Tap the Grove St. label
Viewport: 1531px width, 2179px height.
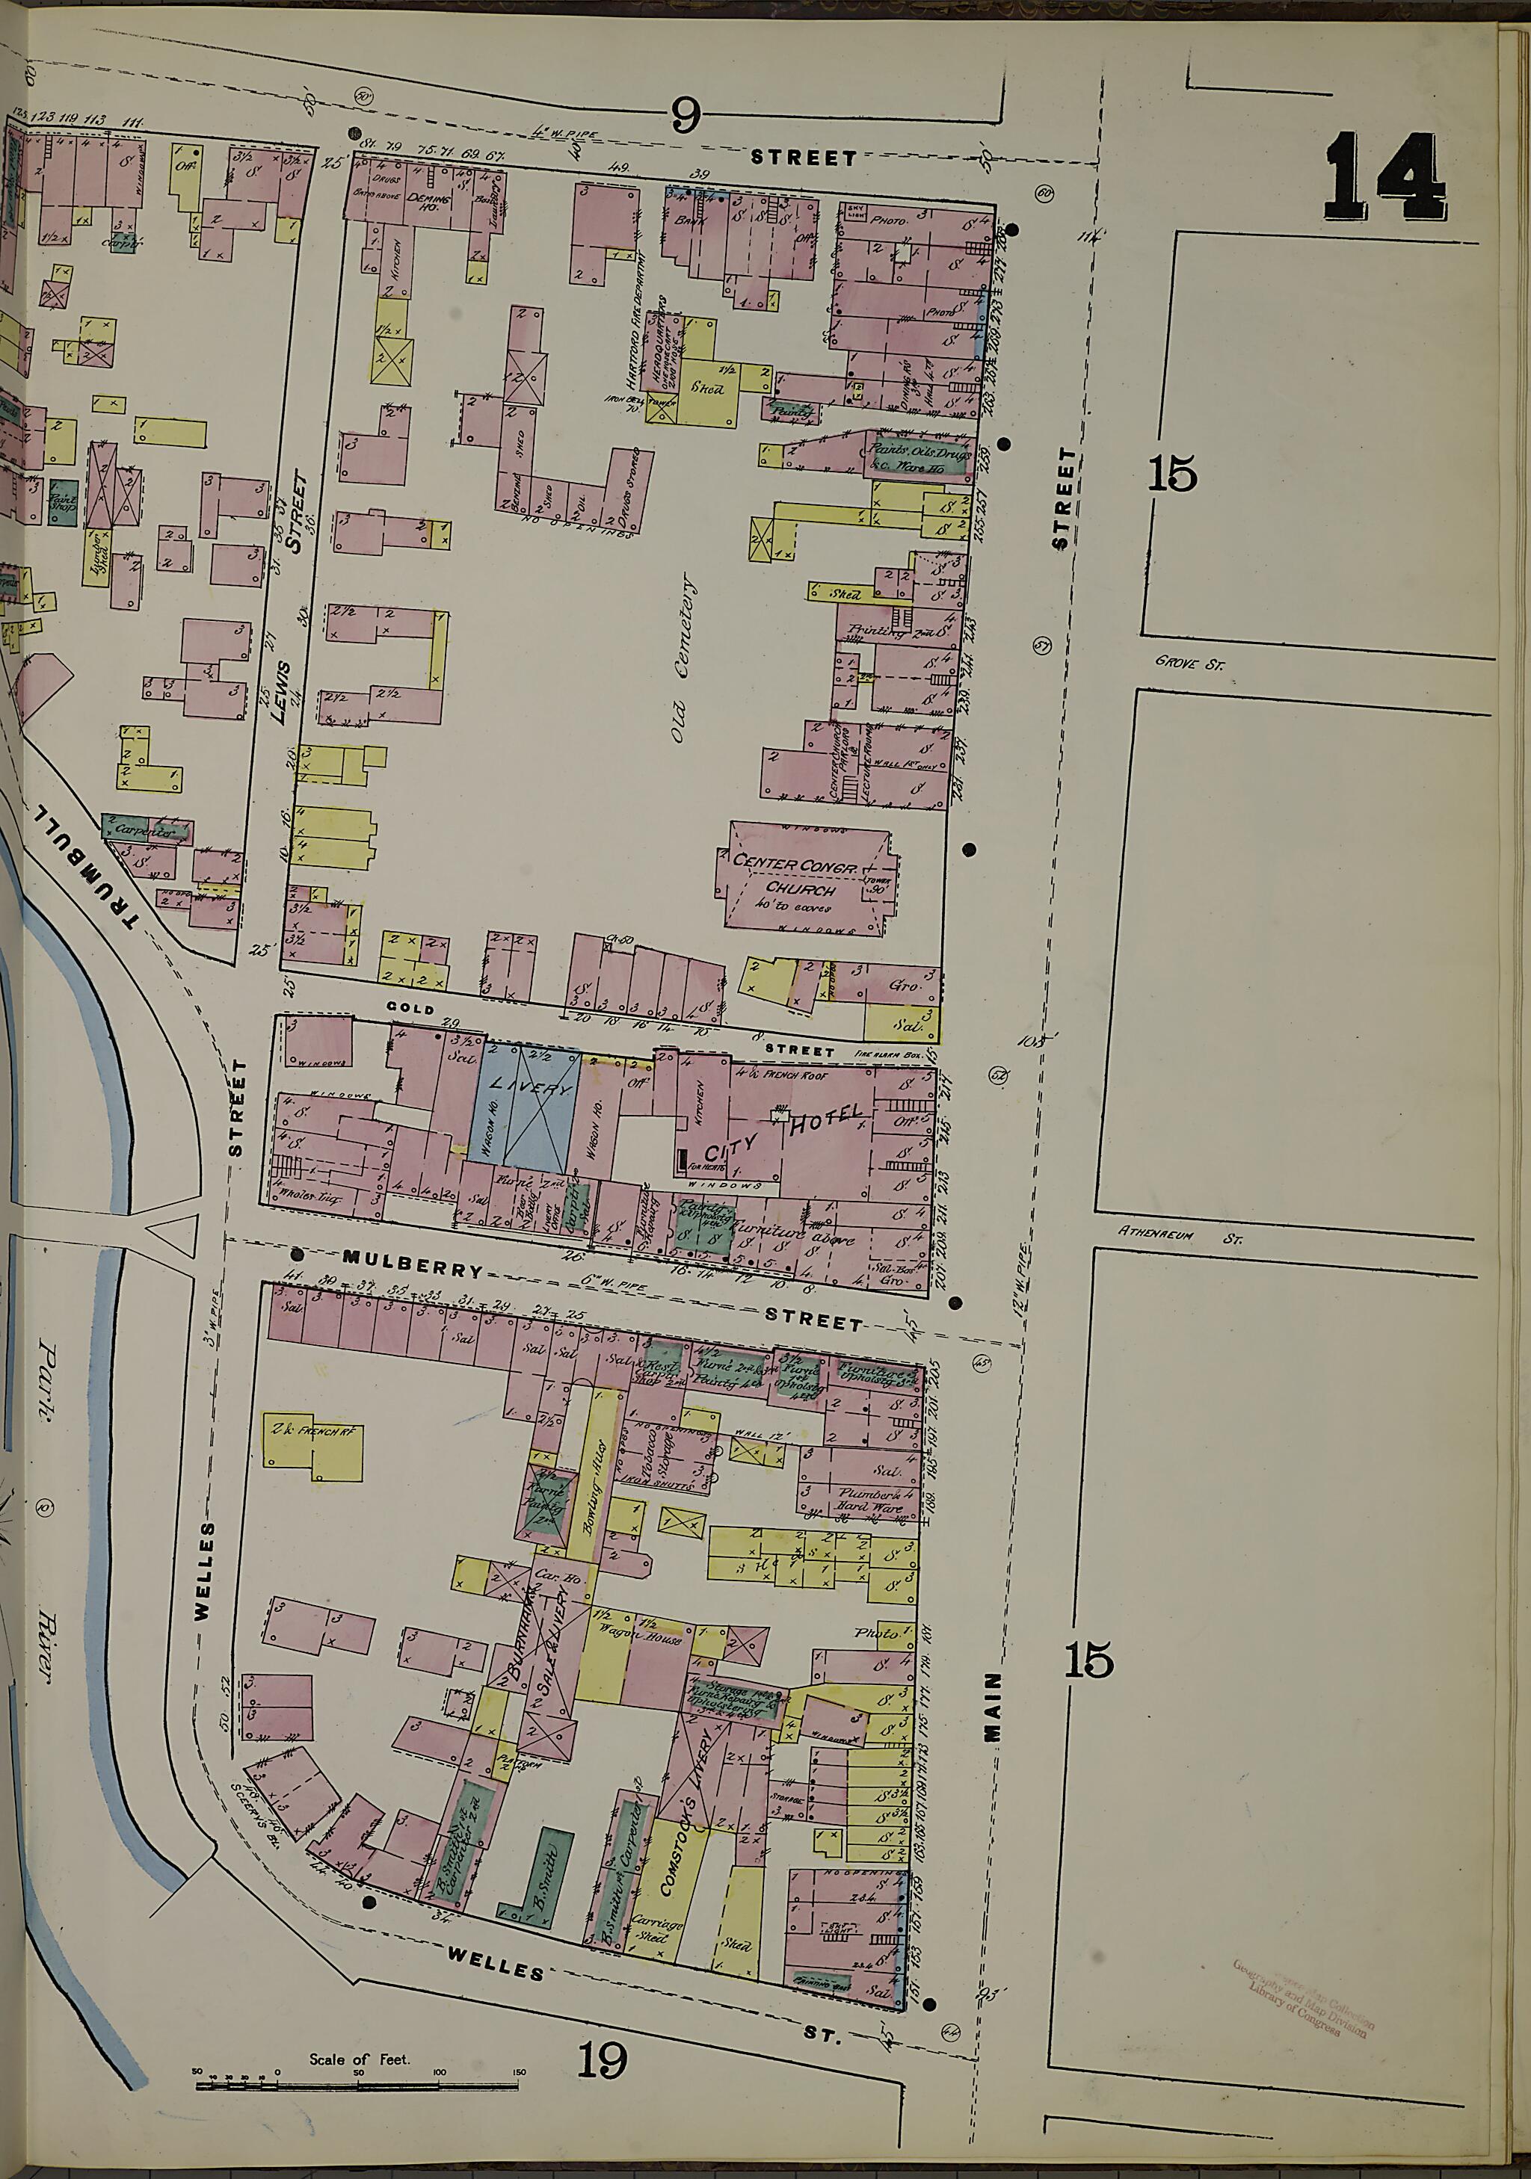pos(1189,664)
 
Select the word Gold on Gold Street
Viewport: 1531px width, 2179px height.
pos(410,1008)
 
